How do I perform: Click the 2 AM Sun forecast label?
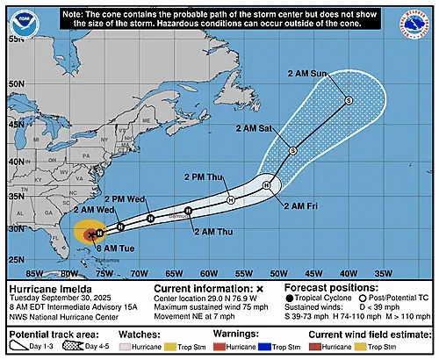click(x=306, y=73)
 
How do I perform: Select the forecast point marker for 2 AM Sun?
click(x=348, y=101)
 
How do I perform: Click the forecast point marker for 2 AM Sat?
click(x=292, y=151)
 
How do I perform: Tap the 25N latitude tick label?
click(x=14, y=260)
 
